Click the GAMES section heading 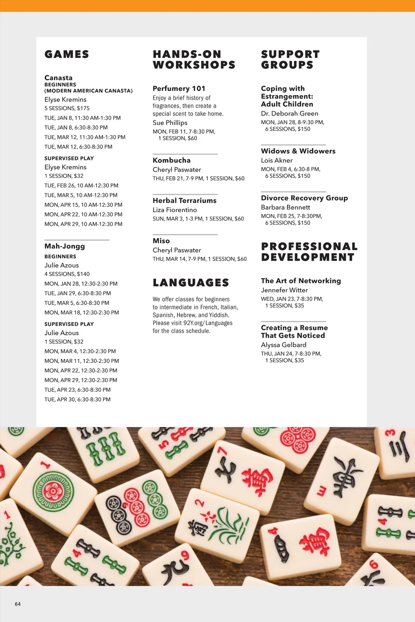click(67, 54)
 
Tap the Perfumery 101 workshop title click(179, 88)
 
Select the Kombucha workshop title click(172, 160)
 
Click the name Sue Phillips click(170, 123)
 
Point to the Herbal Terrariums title click(184, 200)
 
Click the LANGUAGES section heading click(191, 283)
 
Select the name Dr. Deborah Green click(289, 113)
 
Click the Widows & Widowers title click(298, 151)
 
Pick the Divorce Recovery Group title click(304, 198)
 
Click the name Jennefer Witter click(284, 290)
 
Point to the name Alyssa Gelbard click(284, 345)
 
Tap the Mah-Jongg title click(65, 246)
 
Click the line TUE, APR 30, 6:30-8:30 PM click(77, 399)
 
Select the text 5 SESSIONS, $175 click(67, 108)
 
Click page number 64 click(18, 604)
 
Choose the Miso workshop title click(161, 241)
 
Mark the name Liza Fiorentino click(175, 210)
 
